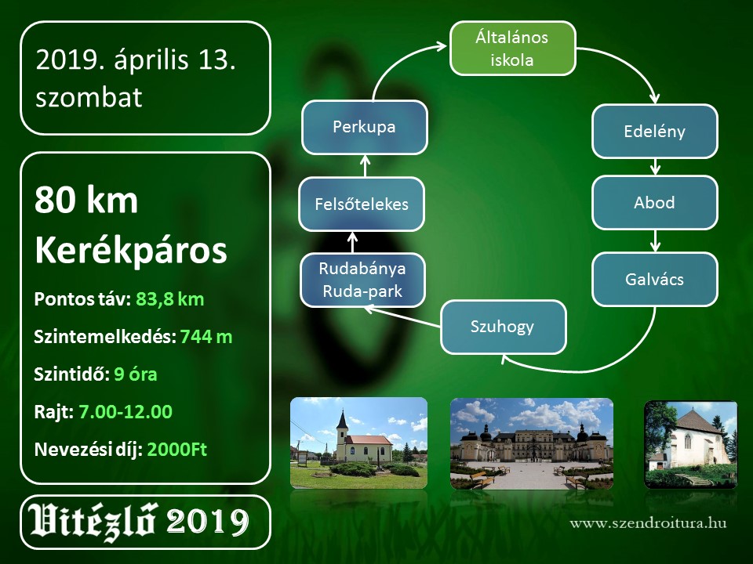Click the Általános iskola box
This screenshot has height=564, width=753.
tap(512, 49)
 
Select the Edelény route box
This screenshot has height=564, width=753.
tap(654, 132)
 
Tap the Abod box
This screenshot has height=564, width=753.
tap(654, 202)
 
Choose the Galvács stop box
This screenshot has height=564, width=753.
tap(654, 279)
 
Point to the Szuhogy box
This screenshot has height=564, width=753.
tap(504, 327)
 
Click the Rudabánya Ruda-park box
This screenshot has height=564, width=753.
tap(362, 280)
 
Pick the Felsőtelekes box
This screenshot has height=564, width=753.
tap(362, 204)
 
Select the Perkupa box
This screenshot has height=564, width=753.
tap(365, 127)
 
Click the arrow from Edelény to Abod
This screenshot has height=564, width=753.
tap(655, 167)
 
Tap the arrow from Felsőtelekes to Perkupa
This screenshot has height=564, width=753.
tap(365, 166)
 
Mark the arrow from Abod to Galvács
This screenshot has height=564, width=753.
tap(655, 240)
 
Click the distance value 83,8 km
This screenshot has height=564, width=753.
tap(170, 299)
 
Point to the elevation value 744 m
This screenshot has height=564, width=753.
tap(206, 337)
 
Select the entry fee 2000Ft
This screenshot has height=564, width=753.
tap(177, 450)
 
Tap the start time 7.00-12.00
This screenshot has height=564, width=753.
tap(125, 411)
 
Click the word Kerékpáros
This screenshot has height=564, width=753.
tap(131, 251)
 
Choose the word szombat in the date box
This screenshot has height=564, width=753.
tap(89, 97)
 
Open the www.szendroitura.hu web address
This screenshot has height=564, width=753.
tap(649, 522)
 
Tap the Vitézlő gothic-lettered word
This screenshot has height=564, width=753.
tap(93, 522)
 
